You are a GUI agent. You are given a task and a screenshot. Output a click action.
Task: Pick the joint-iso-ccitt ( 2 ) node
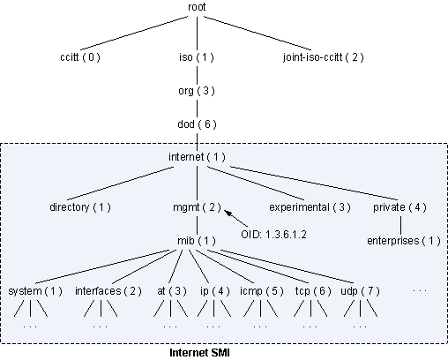(x=322, y=58)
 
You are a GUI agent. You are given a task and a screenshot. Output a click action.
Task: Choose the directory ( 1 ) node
(x=80, y=207)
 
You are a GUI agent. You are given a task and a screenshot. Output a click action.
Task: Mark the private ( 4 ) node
(x=402, y=207)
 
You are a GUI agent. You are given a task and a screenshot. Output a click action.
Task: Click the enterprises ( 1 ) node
(x=403, y=240)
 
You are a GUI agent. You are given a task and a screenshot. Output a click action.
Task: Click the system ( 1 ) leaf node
(x=35, y=290)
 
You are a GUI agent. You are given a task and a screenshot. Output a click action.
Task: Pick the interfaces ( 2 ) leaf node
(x=107, y=290)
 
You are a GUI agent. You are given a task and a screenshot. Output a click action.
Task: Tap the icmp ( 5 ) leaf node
(x=261, y=290)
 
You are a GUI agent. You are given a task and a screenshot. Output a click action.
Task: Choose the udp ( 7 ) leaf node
(x=360, y=290)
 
